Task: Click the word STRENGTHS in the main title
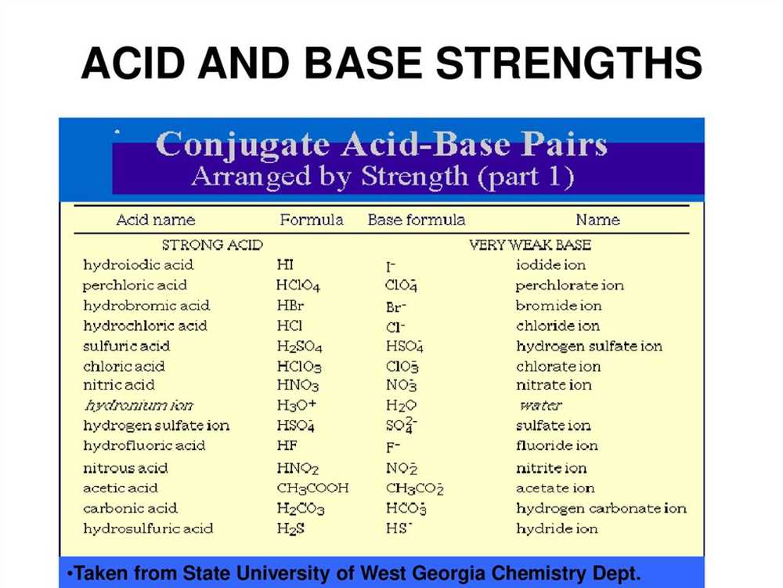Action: click(x=568, y=64)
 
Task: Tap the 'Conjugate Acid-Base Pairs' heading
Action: click(x=381, y=145)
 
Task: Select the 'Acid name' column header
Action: click(x=155, y=220)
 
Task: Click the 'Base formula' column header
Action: click(x=417, y=220)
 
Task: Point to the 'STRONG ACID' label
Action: click(x=212, y=245)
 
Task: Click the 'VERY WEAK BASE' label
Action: click(x=530, y=245)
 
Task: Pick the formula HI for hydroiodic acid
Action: click(x=285, y=264)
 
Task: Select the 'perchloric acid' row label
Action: click(x=135, y=285)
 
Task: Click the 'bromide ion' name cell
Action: click(x=559, y=306)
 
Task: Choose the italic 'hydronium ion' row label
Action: click(x=139, y=405)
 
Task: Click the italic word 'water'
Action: click(x=541, y=405)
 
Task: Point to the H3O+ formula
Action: click(x=297, y=405)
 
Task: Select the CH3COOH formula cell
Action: click(x=313, y=488)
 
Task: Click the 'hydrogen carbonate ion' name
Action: click(x=601, y=509)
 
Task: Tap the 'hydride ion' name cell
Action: click(x=557, y=528)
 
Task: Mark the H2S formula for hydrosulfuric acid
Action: click(x=290, y=529)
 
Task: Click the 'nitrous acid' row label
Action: click(x=125, y=469)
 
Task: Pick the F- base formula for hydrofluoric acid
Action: click(x=393, y=447)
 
